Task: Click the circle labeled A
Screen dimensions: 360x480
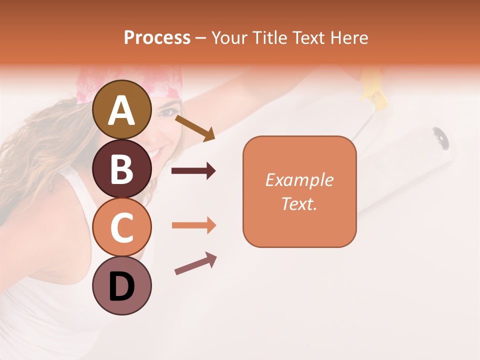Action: click(121, 109)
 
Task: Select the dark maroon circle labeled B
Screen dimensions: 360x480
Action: click(121, 168)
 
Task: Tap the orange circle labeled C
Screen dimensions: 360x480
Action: click(121, 227)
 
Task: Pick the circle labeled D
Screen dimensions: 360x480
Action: click(121, 285)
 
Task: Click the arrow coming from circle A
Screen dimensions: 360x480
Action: click(195, 128)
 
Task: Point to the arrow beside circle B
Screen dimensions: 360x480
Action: click(193, 171)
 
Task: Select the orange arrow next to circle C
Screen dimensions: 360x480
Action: click(193, 225)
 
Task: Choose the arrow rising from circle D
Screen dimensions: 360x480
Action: click(195, 263)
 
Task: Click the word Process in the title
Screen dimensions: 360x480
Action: click(157, 37)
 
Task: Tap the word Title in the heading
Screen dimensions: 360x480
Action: click(268, 37)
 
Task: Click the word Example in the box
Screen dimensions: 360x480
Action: click(299, 180)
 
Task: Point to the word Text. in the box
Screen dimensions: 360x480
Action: click(299, 203)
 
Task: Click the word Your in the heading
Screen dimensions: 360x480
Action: click(229, 37)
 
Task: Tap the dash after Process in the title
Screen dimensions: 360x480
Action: click(200, 38)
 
